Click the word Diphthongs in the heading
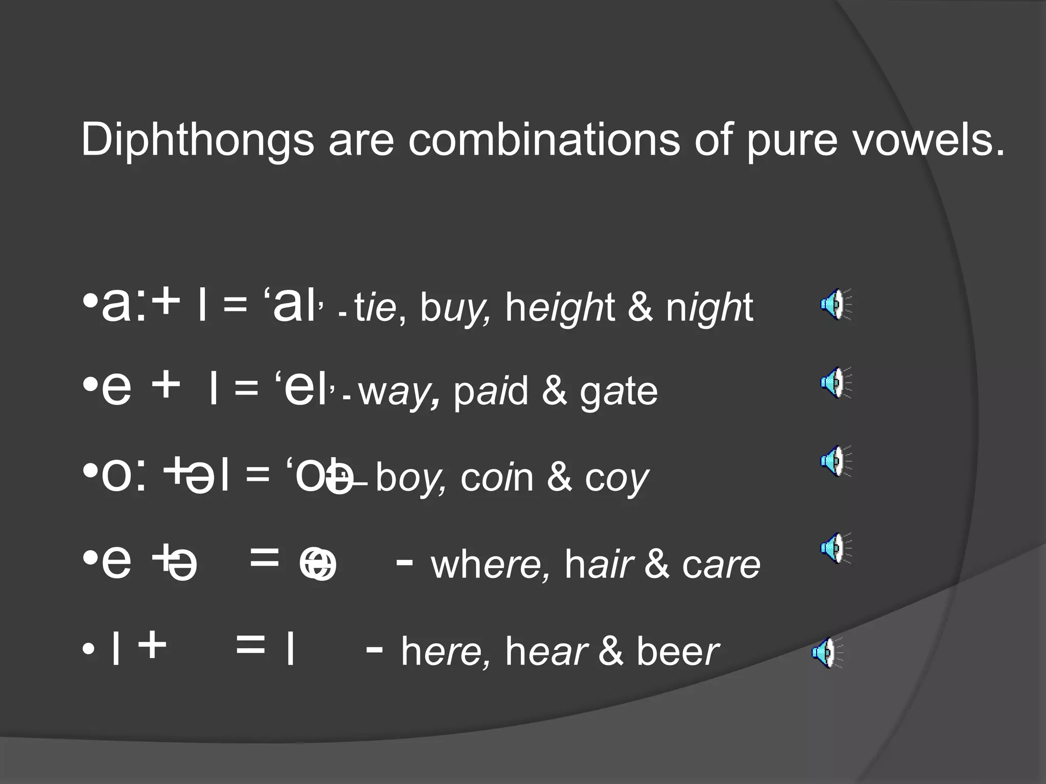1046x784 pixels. click(197, 140)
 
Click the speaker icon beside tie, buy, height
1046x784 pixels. click(836, 304)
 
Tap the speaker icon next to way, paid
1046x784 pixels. click(836, 383)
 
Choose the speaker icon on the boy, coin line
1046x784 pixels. click(836, 461)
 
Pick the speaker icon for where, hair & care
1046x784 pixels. click(836, 548)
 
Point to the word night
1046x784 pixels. click(709, 309)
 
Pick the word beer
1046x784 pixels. click(677, 652)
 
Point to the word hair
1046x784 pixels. click(599, 565)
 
